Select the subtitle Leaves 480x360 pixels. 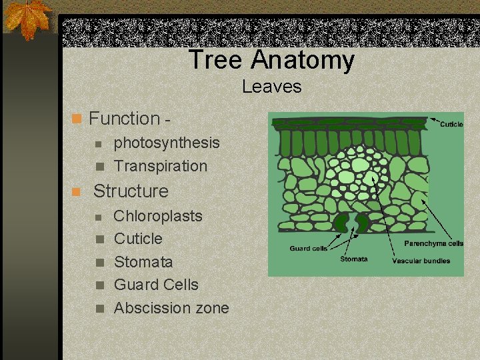coord(271,87)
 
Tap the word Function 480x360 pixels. coord(124,119)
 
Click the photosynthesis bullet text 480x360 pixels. coord(167,143)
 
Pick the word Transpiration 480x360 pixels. coord(161,166)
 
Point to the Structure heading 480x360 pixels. coord(131,191)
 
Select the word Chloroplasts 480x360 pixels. coord(158,216)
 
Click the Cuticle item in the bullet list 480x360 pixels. coord(138,239)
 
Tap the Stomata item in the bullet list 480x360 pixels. coord(143,262)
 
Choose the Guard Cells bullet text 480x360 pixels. coord(156,285)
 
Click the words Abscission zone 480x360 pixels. coord(171,308)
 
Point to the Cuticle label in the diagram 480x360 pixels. coord(451,124)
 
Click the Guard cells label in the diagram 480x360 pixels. coord(308,249)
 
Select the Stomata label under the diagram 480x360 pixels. coord(353,259)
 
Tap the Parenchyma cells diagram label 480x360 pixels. coord(433,244)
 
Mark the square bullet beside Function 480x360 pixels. coord(77,119)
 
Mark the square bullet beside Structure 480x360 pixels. coord(77,192)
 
